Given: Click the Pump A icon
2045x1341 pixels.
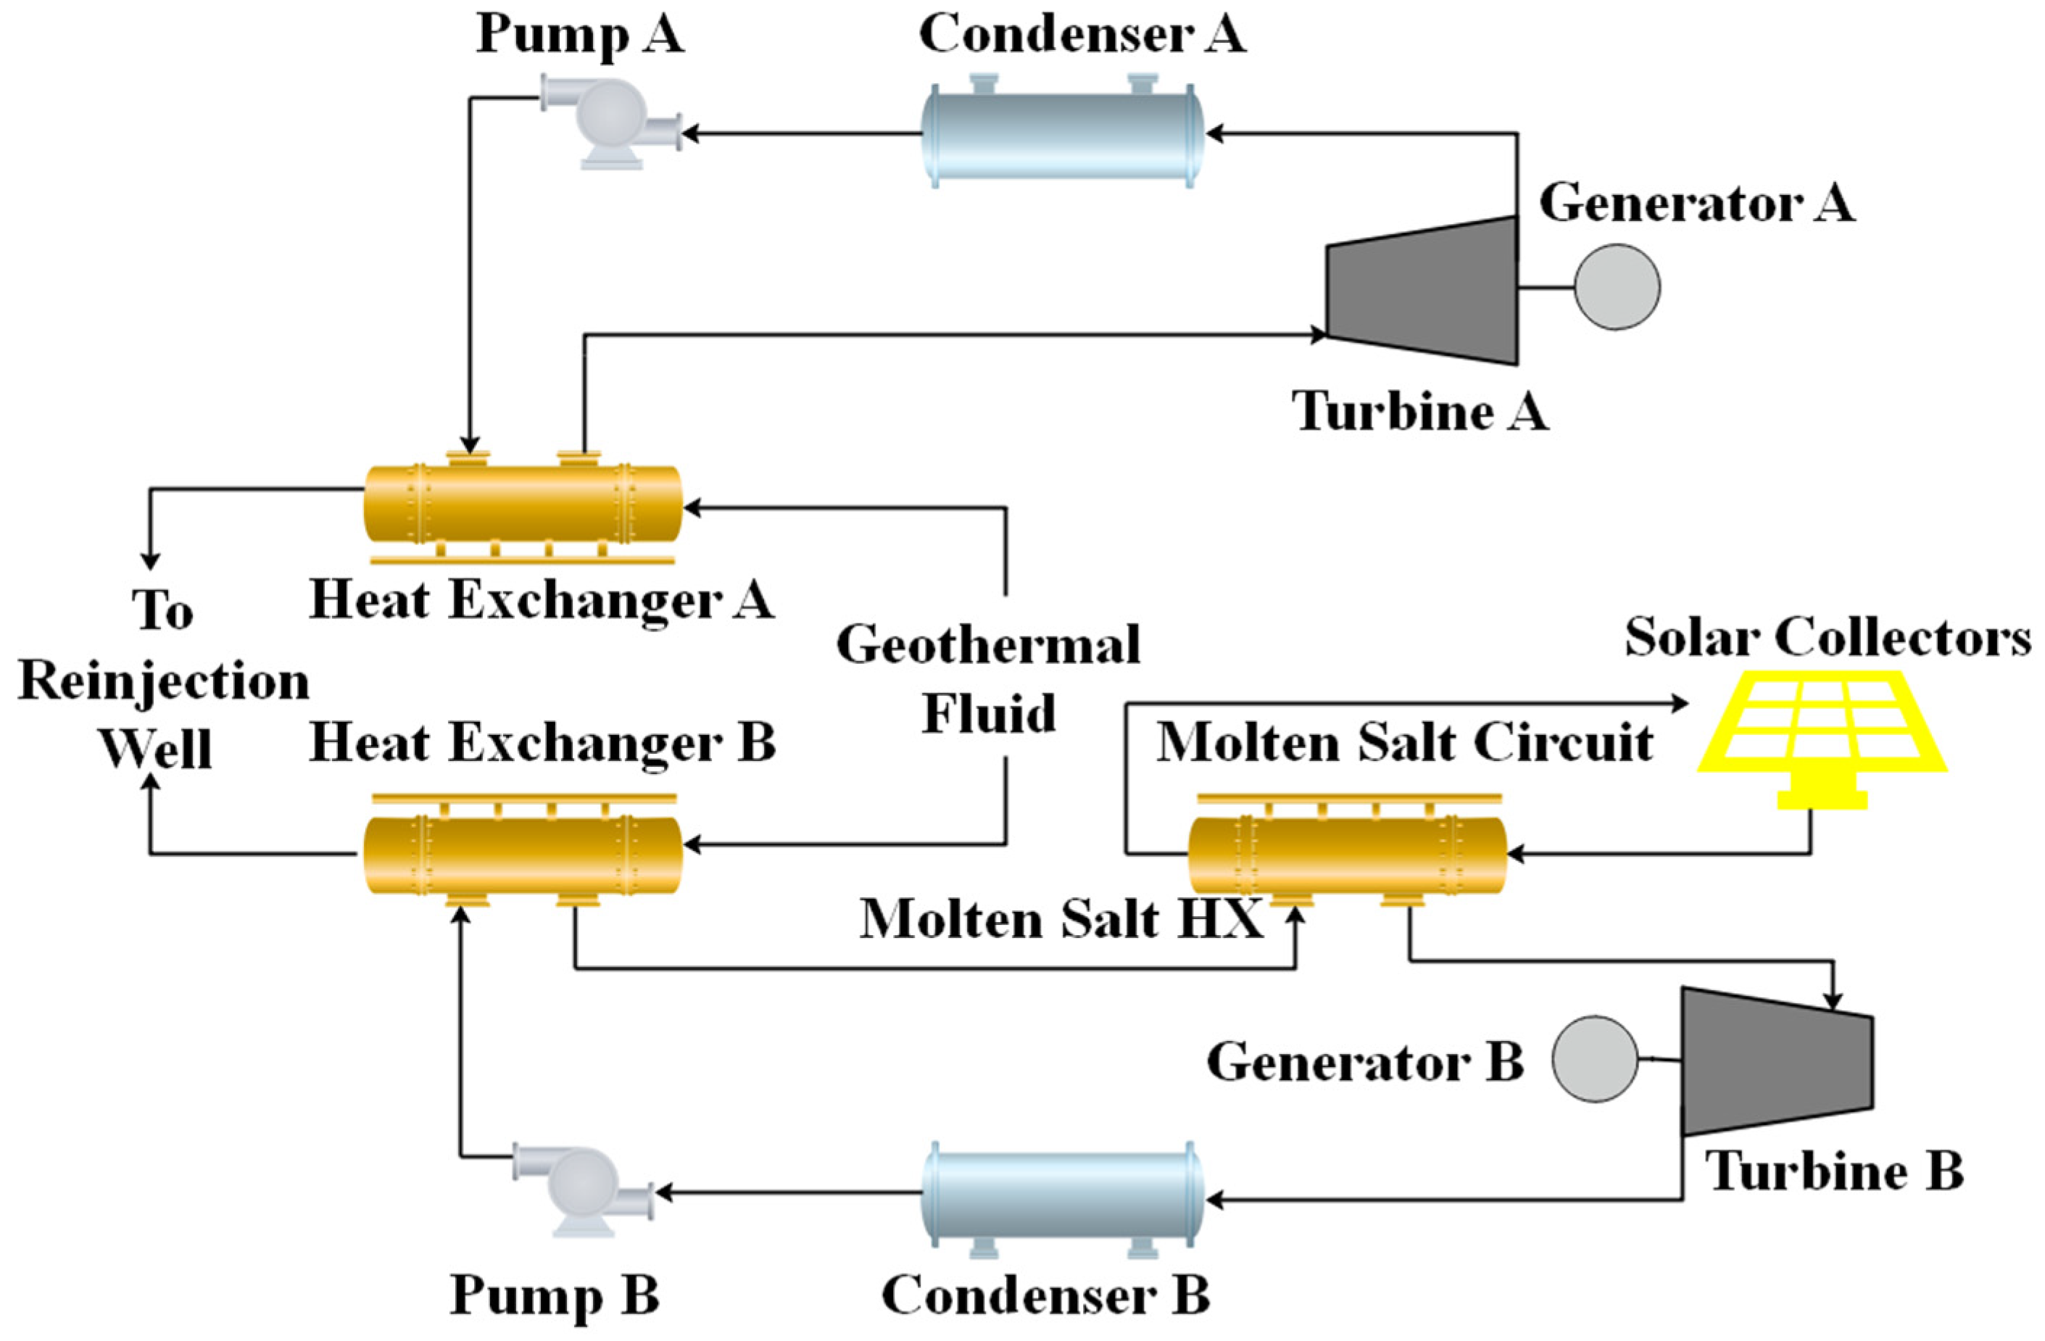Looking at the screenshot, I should point(608,120).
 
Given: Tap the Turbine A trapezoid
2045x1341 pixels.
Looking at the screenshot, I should point(1422,291).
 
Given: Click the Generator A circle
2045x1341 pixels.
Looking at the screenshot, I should point(1617,287).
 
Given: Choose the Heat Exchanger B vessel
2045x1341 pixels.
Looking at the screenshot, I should point(523,855).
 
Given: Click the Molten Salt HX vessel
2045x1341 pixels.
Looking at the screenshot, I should point(1346,855).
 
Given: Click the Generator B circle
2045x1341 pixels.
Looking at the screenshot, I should point(1594,1059).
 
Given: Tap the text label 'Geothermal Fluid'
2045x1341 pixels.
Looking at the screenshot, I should point(988,678).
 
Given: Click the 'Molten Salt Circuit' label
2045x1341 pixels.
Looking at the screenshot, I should point(1405,742).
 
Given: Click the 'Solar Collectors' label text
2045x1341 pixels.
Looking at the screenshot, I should point(1828,637).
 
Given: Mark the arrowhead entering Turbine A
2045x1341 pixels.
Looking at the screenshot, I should point(1319,335).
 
